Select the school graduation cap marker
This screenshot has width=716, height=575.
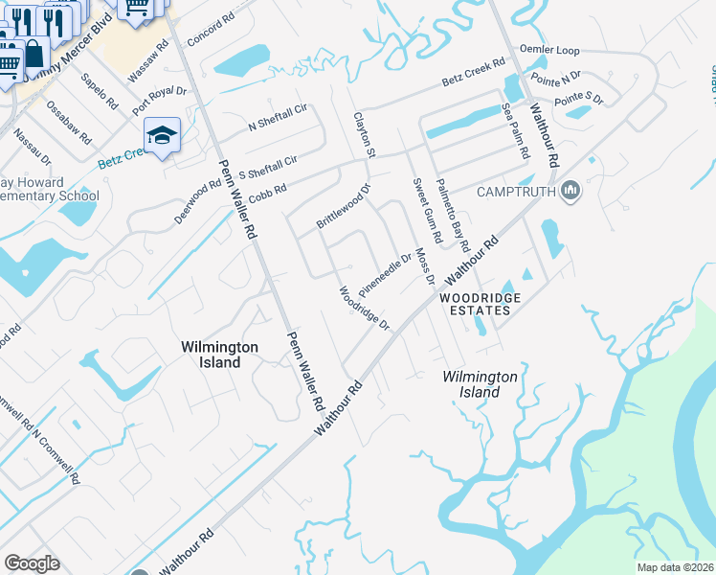[162, 136]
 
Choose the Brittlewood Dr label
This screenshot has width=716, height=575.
[343, 206]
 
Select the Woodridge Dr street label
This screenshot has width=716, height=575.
[365, 308]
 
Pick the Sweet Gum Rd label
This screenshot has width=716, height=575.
[427, 210]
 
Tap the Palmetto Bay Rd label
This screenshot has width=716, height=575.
[453, 216]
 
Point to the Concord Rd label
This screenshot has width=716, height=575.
[212, 32]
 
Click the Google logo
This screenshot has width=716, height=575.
[32, 563]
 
